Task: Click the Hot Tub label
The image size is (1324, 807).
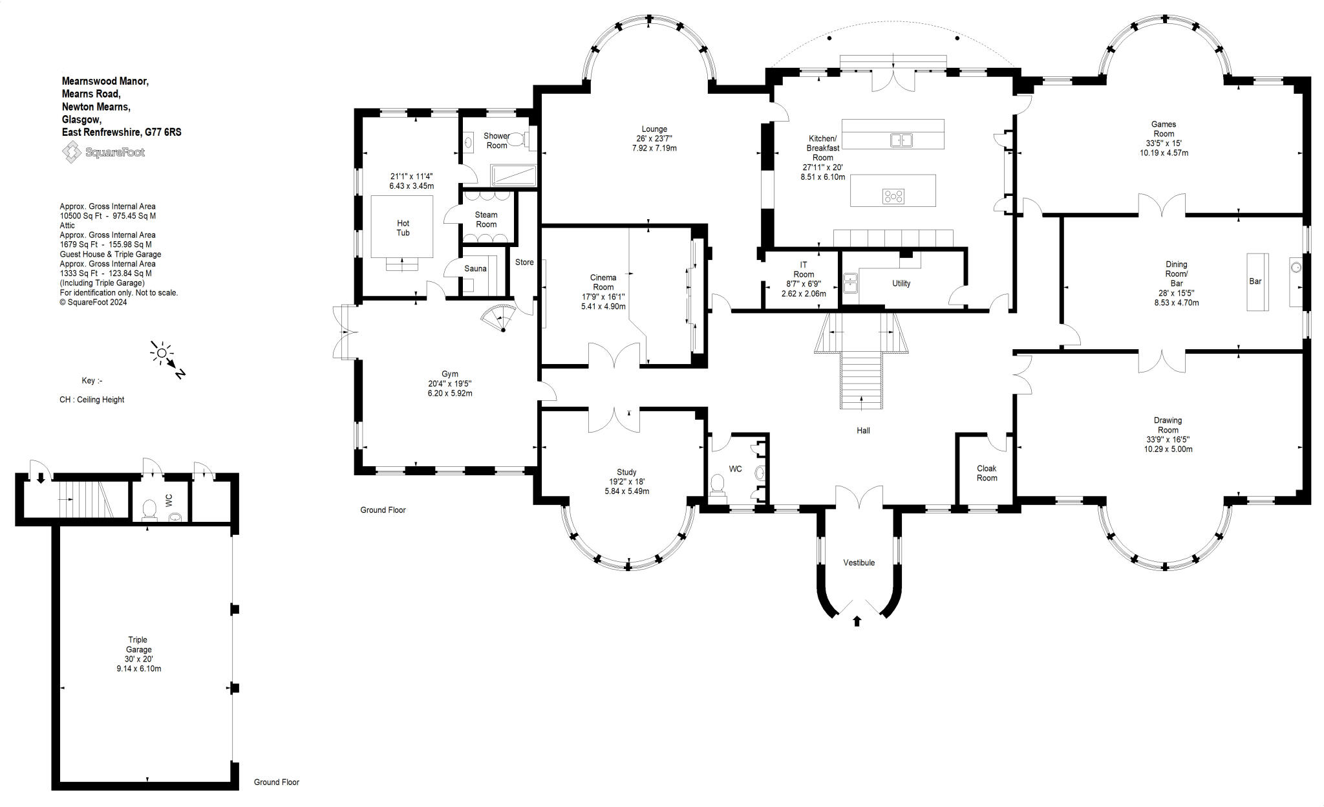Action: [403, 228]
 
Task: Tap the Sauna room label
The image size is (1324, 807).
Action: [475, 268]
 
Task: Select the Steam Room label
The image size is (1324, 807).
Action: [486, 220]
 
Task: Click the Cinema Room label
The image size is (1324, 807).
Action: [603, 283]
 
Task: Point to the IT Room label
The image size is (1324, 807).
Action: [804, 270]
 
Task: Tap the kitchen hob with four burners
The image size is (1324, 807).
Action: [893, 196]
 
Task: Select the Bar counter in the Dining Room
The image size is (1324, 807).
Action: [1257, 282]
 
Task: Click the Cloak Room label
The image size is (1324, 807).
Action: [987, 473]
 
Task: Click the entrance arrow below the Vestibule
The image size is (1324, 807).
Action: [857, 621]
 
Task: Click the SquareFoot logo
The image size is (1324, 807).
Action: [103, 153]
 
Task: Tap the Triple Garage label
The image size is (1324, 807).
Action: [138, 645]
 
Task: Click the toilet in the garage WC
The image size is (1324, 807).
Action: [149, 510]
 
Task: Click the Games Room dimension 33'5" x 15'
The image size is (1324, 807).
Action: [1164, 144]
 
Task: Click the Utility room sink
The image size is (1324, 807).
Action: [849, 283]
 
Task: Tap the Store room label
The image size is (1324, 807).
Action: [524, 263]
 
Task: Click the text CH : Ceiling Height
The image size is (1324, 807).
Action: [92, 400]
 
